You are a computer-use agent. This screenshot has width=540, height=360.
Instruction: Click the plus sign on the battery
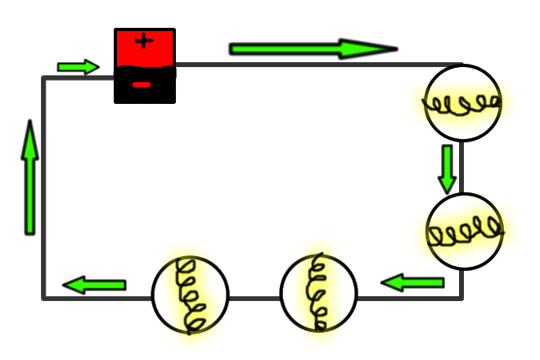(x=144, y=42)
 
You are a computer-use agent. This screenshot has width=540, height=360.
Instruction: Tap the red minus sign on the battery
(x=142, y=84)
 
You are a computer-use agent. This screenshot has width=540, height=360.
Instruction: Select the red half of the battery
(x=145, y=49)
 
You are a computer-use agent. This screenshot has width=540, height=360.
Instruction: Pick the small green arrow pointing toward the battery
(x=78, y=66)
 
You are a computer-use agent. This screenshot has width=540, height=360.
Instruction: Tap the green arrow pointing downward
(x=447, y=169)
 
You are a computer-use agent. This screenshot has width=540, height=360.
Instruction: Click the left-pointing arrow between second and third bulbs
(x=412, y=283)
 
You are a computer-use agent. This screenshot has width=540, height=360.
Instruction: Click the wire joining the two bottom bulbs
(x=254, y=296)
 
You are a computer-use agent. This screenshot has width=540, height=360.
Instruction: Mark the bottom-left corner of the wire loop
(x=44, y=296)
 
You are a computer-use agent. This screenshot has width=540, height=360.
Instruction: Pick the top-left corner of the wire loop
(x=44, y=79)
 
